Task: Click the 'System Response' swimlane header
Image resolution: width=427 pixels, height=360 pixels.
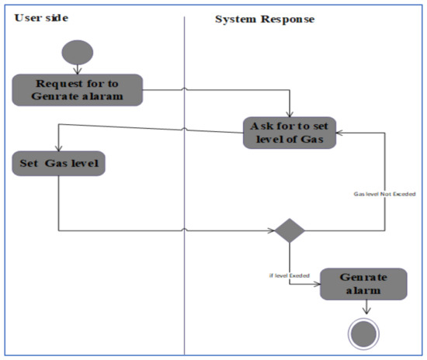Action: coord(264,19)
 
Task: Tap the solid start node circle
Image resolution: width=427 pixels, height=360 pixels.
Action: coord(77,53)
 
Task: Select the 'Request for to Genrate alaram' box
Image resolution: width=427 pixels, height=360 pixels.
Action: coord(77,90)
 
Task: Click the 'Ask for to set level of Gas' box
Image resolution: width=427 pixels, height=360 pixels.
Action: coord(289,133)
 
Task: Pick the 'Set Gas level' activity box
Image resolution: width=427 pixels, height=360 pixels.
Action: coord(59,164)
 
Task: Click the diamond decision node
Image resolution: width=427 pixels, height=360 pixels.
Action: coord(290,230)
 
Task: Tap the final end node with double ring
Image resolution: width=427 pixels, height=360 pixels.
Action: coord(364,333)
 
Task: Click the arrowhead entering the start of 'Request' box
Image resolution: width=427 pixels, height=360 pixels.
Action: coord(77,71)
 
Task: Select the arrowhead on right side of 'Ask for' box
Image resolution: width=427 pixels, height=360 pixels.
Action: coord(340,133)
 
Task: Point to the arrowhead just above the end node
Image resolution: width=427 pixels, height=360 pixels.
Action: coord(364,313)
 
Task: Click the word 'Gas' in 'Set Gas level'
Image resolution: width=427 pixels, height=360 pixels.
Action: coord(59,164)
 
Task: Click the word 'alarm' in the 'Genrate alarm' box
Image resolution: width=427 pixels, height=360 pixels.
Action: coord(363,292)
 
